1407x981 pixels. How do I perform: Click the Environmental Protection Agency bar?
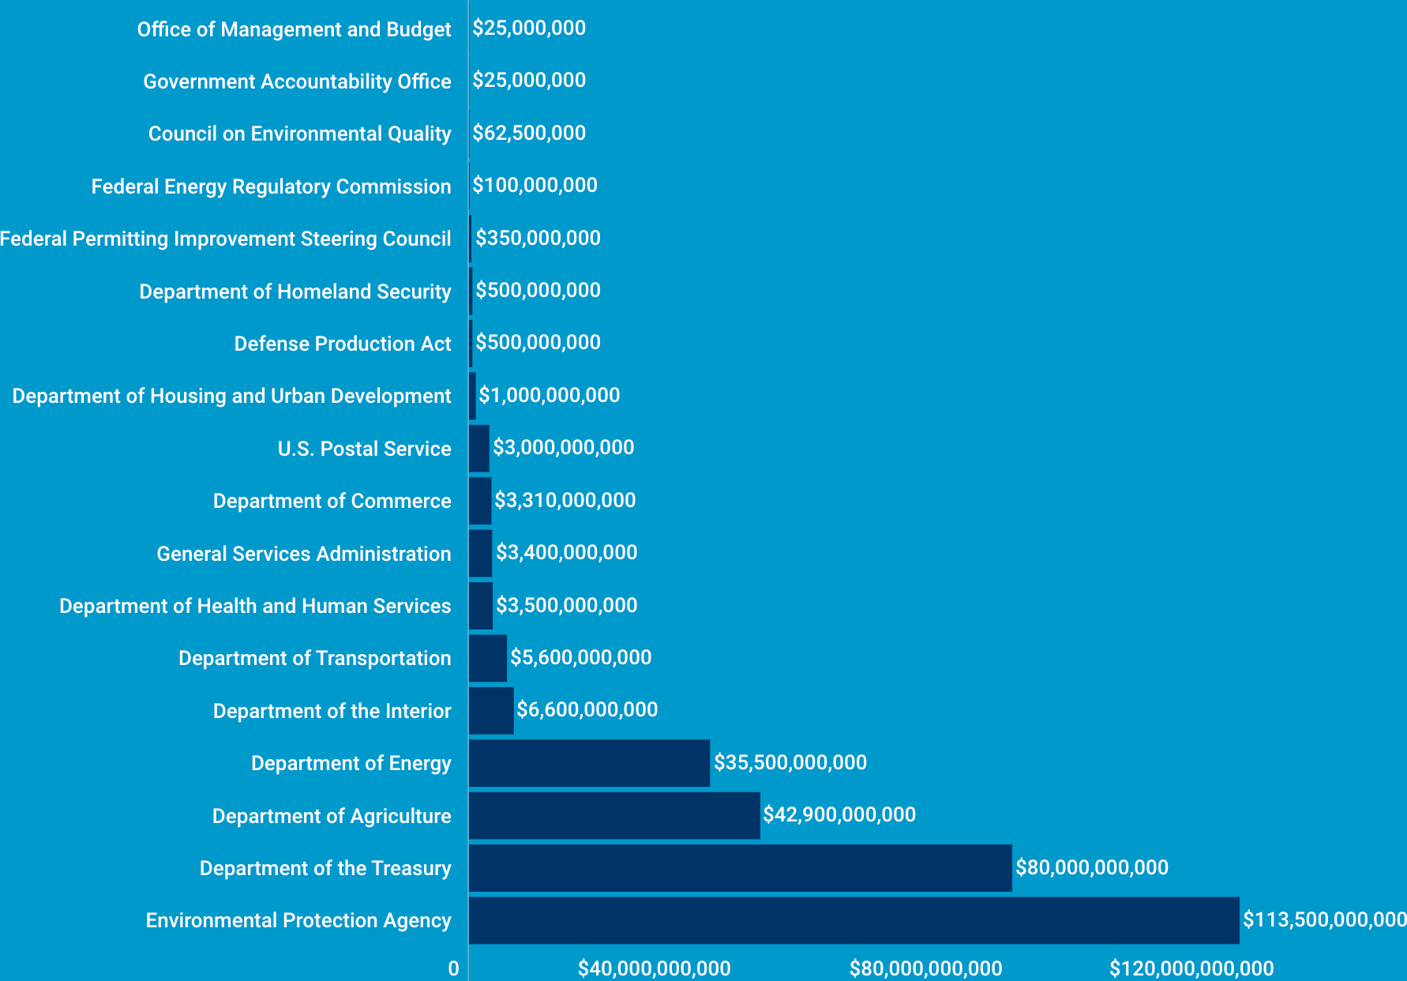854,920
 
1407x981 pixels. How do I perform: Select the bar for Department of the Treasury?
740,868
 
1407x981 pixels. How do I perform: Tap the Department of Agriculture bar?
614,816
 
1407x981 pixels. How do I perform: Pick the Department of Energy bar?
589,763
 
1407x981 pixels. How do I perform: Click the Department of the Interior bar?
491,711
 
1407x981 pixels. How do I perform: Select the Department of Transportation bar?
488,658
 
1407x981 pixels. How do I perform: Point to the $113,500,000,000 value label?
1324,919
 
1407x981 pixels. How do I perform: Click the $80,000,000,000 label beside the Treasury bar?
1092,867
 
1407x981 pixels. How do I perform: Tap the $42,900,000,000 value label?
839,814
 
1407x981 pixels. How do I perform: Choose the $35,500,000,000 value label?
790,762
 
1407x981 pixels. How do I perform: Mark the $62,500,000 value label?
529,133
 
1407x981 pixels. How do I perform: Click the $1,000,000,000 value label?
550,395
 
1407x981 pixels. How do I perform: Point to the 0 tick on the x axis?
453,968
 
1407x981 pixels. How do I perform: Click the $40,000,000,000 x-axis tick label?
655,968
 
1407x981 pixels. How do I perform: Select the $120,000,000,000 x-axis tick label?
1191,968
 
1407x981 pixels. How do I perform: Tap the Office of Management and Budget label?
294,29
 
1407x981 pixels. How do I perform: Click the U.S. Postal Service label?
364,449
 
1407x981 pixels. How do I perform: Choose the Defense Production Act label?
343,344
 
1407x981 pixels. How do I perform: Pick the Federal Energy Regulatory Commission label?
271,186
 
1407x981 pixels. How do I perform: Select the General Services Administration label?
304,554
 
